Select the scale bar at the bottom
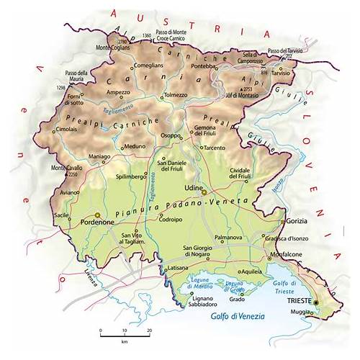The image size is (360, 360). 125,336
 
